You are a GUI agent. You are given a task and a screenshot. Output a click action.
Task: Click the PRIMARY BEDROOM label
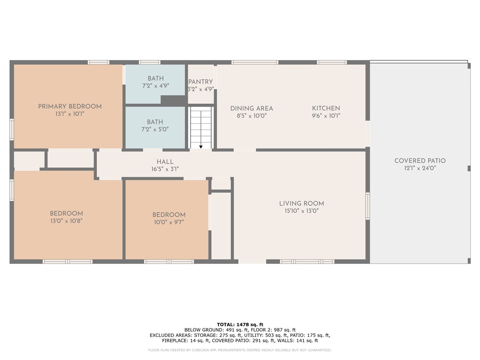click(x=70, y=107)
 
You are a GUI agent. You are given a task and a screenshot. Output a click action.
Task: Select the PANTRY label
click(x=200, y=82)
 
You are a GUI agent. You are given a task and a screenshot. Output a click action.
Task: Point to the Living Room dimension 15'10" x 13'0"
click(x=302, y=211)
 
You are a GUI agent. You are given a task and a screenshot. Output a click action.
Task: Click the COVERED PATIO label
click(x=420, y=161)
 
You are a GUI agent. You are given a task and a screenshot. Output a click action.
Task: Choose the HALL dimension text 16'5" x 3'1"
click(x=165, y=169)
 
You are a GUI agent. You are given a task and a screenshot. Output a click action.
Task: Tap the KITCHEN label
click(x=326, y=108)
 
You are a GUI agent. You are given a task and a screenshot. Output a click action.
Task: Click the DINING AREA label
click(x=252, y=109)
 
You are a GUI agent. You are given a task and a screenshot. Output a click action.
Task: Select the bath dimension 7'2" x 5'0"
click(x=155, y=129)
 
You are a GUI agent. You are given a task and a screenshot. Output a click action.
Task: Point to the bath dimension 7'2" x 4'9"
click(x=156, y=86)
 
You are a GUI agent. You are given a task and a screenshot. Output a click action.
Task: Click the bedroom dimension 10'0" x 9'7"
click(x=169, y=222)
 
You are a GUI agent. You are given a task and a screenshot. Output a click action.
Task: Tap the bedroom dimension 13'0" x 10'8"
click(x=66, y=221)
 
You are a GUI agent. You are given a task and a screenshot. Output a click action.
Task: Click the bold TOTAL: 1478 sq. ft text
click(x=240, y=324)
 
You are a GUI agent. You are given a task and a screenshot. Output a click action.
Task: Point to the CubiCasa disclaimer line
click(x=240, y=350)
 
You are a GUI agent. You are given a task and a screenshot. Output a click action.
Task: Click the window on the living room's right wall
click(x=368, y=206)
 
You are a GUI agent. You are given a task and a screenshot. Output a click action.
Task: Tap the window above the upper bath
click(x=150, y=62)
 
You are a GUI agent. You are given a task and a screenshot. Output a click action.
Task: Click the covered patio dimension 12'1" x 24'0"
click(x=420, y=168)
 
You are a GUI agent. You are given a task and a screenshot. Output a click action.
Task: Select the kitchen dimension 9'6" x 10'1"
click(x=326, y=116)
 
